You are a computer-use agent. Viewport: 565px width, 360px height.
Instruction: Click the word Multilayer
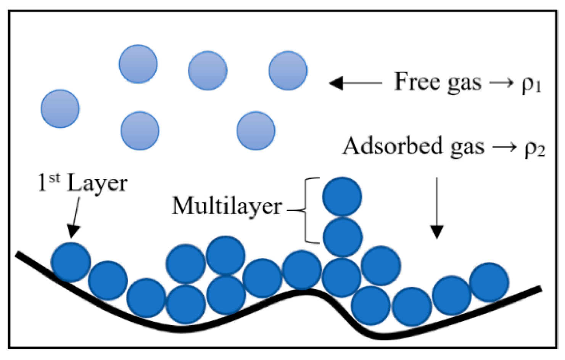coord(227,206)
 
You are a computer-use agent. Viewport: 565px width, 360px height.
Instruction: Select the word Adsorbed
coord(393,146)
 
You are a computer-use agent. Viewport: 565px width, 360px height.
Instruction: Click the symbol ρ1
coord(531,84)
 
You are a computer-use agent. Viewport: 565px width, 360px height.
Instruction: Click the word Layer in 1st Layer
coord(97,184)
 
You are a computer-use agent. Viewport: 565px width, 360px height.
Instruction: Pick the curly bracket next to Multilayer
coord(307,210)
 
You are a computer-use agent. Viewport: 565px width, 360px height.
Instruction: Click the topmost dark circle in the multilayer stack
coord(342,197)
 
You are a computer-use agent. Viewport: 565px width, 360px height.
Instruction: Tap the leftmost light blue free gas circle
coord(60,109)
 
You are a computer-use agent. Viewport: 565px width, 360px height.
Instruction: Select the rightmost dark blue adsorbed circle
coord(489,282)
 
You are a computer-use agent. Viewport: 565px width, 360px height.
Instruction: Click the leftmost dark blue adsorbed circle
coord(71,262)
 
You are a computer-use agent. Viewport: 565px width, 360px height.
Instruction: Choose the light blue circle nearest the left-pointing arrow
coord(288,71)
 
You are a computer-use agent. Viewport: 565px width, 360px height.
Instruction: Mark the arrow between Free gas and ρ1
coord(501,82)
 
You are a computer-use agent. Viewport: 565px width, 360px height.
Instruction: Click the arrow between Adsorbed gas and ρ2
coord(504,147)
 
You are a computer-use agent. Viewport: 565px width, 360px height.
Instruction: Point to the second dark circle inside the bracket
coord(343,237)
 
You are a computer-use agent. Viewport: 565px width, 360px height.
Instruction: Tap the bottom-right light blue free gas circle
coord(256,130)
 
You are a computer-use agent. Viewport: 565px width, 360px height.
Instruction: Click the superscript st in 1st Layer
coord(54,177)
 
